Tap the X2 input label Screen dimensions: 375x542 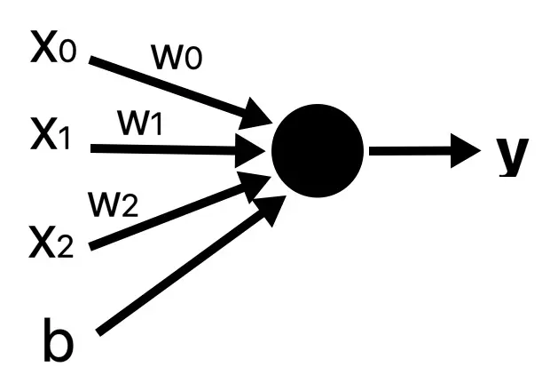point(55,241)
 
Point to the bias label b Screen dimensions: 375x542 point(58,343)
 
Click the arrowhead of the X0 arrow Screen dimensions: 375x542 point(258,116)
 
